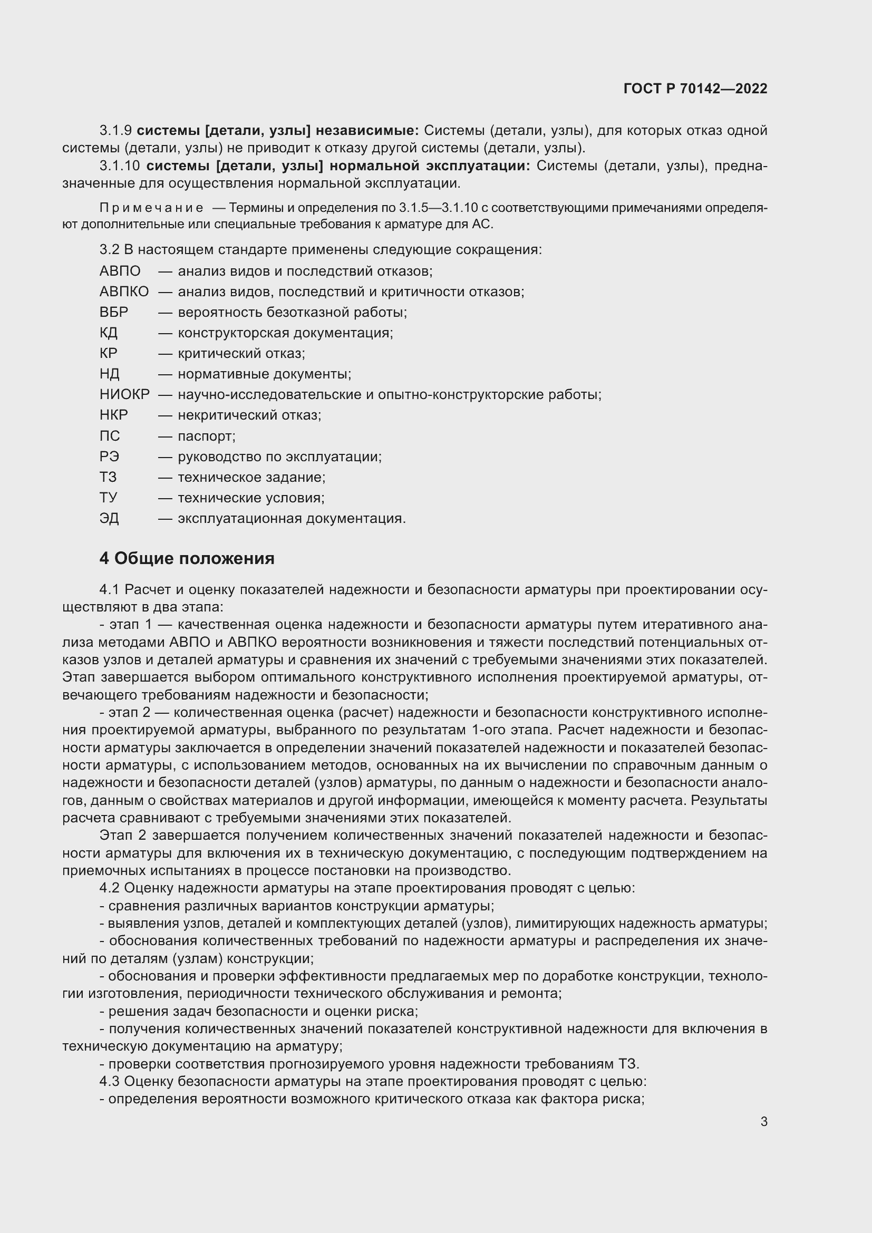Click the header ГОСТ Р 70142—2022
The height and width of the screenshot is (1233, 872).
pyautogui.click(x=695, y=89)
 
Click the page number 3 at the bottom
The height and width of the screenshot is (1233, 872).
pyautogui.click(x=763, y=1121)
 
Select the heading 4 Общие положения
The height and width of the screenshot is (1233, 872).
pyautogui.click(x=186, y=558)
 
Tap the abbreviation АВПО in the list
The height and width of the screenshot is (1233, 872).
pyautogui.click(x=120, y=270)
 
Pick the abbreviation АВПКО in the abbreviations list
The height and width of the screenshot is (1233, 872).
pyautogui.click(x=124, y=292)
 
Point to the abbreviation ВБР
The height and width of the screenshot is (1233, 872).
pyautogui.click(x=114, y=312)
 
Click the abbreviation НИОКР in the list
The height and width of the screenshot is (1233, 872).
pyautogui.click(x=124, y=394)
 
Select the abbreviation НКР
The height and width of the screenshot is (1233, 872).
pyautogui.click(x=114, y=414)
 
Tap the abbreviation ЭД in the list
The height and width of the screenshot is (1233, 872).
pyautogui.click(x=109, y=518)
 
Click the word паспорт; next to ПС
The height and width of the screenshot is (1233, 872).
pyautogui.click(x=207, y=435)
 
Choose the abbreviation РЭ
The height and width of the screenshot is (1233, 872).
pyautogui.click(x=110, y=457)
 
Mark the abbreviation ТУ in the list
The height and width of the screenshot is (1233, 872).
pyautogui.click(x=109, y=497)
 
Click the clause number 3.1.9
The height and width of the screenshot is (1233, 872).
pyautogui.click(x=115, y=131)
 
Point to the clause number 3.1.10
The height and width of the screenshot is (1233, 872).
pyautogui.click(x=119, y=166)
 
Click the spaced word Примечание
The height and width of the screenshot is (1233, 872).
pyautogui.click(x=151, y=208)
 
